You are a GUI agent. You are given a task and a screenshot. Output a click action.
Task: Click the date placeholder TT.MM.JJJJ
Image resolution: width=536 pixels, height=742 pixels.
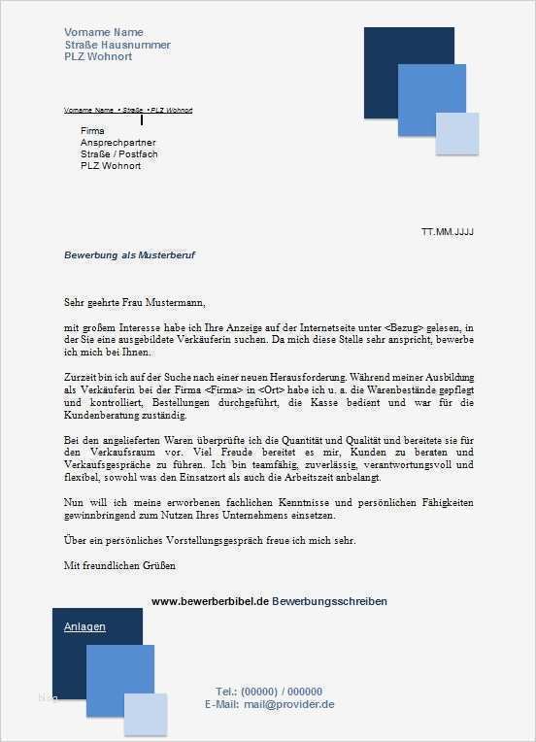point(447,233)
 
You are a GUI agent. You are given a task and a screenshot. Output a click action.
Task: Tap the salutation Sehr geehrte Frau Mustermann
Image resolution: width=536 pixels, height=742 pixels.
point(135,302)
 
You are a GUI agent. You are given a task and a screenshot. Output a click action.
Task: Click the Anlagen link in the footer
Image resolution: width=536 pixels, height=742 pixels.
point(84,626)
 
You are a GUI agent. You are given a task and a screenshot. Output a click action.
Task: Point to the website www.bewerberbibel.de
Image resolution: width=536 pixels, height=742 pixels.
point(209,601)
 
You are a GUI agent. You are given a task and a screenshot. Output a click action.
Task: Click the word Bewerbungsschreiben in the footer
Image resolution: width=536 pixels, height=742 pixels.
point(329,601)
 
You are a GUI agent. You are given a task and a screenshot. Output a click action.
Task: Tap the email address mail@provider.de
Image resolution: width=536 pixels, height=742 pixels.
point(289,704)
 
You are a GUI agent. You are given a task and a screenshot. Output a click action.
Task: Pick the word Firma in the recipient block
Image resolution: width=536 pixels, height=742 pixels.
point(92,130)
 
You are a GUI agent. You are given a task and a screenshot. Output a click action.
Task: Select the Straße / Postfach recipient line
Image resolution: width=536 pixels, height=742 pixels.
point(118,153)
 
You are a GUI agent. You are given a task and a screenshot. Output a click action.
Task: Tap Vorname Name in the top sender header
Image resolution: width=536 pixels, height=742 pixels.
point(103,32)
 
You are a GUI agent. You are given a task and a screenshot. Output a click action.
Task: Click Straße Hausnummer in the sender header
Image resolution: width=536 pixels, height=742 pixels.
point(117,45)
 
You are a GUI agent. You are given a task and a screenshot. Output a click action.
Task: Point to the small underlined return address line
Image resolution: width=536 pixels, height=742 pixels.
point(127,111)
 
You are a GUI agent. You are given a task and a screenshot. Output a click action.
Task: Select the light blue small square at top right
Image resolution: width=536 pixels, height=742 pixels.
point(457,134)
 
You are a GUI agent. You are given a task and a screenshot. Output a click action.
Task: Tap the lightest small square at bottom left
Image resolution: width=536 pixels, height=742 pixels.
point(145,716)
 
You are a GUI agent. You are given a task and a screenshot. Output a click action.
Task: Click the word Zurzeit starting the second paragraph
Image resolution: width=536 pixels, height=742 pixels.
point(82,375)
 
